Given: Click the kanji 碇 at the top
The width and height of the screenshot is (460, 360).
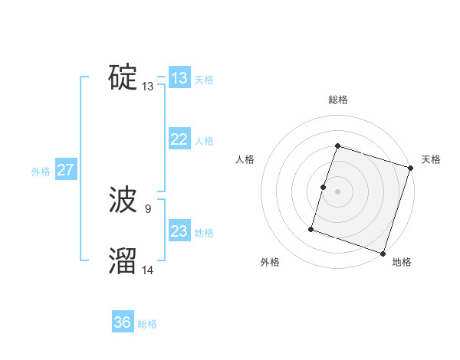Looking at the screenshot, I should pos(123,77).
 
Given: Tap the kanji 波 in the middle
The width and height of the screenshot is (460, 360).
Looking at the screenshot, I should pos(123,201).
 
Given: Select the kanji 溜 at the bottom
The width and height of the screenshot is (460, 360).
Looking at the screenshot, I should pos(123,261).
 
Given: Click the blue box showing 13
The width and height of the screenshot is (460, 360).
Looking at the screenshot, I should pos(179,78).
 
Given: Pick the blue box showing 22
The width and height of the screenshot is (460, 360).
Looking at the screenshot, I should pos(179,139).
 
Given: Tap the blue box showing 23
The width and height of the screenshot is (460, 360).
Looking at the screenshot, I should pos(179,231).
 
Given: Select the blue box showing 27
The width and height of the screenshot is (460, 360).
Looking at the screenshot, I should pos(66,170).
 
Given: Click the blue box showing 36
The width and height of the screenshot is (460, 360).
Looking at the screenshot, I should pos(123,322).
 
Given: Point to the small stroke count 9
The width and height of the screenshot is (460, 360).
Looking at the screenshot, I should pos(147,208).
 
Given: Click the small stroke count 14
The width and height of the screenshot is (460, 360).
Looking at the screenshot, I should pos(148,269).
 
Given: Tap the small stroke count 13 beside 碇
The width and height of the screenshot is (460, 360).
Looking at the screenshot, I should pos(147,87).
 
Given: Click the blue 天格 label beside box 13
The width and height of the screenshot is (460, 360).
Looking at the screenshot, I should pos(204,80).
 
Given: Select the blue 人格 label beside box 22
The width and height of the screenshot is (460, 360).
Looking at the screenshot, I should pos(204,141).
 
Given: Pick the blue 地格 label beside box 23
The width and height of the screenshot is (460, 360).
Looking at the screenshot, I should pos(204,233).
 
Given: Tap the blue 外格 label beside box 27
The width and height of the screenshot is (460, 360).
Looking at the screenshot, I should pos(41,172).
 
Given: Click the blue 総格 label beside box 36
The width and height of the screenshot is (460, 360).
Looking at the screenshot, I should pos(147,324).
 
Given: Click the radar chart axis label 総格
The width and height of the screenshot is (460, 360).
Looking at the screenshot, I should pos(338,100).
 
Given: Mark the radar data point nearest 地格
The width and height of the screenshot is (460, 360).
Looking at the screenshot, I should pos(383,253).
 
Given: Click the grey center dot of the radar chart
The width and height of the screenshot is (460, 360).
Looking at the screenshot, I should pos(338,191).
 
